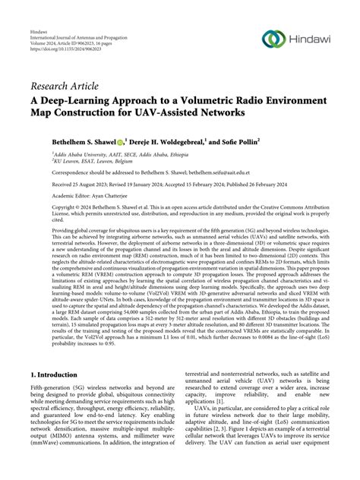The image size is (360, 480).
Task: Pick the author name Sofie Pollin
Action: click(261, 141)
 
